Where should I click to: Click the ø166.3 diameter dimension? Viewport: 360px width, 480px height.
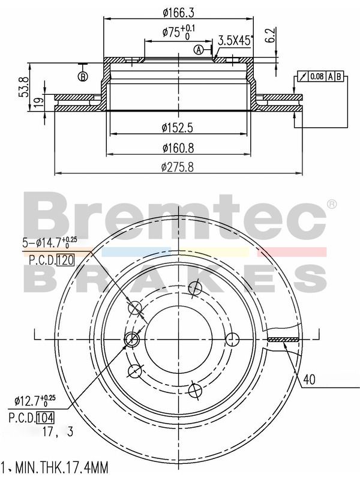tap(179, 13)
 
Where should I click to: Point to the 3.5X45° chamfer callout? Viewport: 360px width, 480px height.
tap(235, 40)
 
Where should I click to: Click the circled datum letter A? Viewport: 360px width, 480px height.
tap(199, 49)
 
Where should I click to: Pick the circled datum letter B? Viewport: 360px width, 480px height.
tap(83, 77)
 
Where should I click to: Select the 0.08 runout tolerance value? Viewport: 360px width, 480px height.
tap(317, 76)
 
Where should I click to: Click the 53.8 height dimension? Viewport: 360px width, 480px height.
tap(23, 87)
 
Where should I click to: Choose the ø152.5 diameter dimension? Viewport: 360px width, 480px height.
tap(178, 128)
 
